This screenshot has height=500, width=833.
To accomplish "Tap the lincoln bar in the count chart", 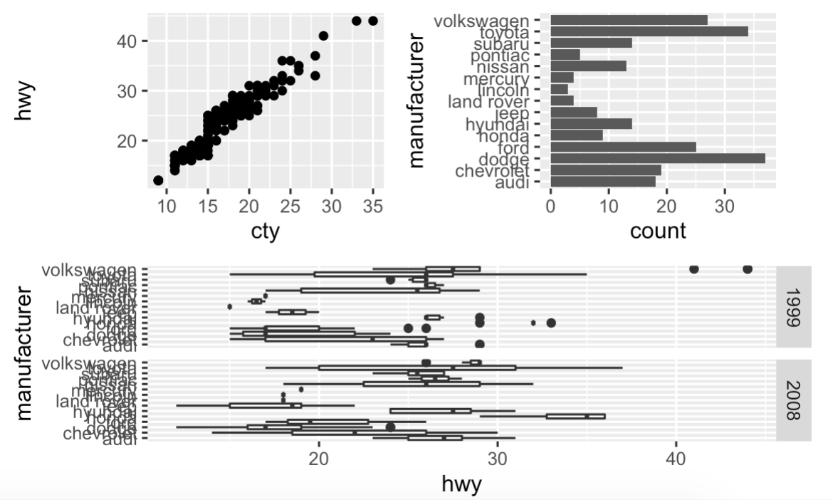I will [x=560, y=89].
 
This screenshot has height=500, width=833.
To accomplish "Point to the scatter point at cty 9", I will [x=158, y=180].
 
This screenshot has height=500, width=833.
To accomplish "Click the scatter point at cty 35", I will [x=372, y=21].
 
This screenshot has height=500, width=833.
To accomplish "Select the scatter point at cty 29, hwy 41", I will [x=323, y=36].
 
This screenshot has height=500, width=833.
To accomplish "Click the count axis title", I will [x=658, y=230].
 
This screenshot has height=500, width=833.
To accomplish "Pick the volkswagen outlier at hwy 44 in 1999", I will [x=747, y=269].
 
